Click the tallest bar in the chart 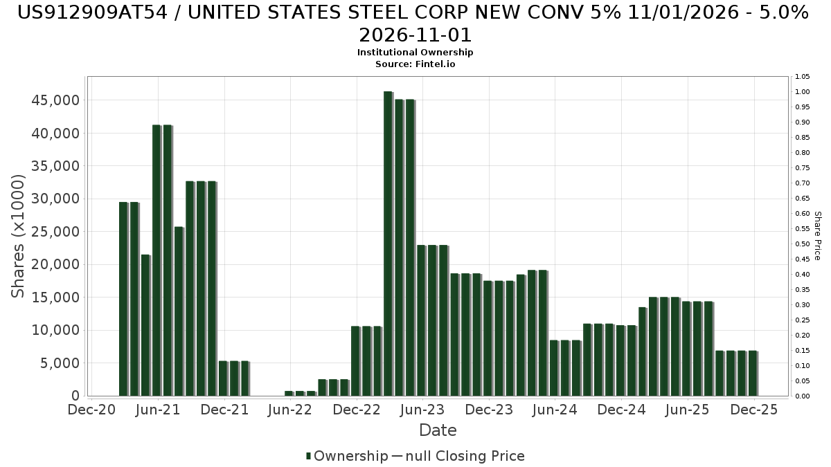point(388,242)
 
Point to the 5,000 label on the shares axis point(60,363)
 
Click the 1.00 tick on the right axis point(802,92)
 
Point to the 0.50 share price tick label point(802,244)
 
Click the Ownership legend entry point(347,456)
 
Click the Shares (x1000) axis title point(19,235)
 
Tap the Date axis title point(438,430)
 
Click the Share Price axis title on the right point(817,235)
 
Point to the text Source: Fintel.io point(415,64)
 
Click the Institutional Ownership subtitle point(415,53)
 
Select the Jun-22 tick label point(290,410)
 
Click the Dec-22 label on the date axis point(356,410)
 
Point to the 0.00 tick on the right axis point(802,396)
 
